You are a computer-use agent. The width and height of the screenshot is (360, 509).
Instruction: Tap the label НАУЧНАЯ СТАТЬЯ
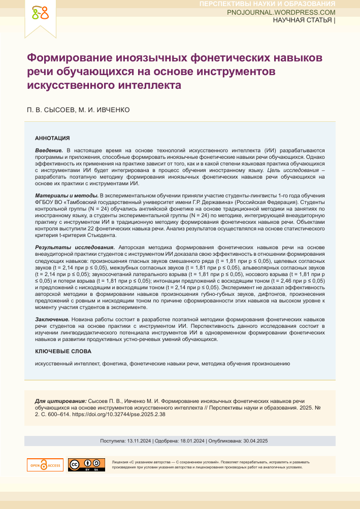point(303,20)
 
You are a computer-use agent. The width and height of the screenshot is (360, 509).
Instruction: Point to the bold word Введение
point(49,151)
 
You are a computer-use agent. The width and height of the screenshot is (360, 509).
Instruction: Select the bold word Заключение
point(52,318)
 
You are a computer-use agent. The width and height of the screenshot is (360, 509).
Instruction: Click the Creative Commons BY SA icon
point(83,465)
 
